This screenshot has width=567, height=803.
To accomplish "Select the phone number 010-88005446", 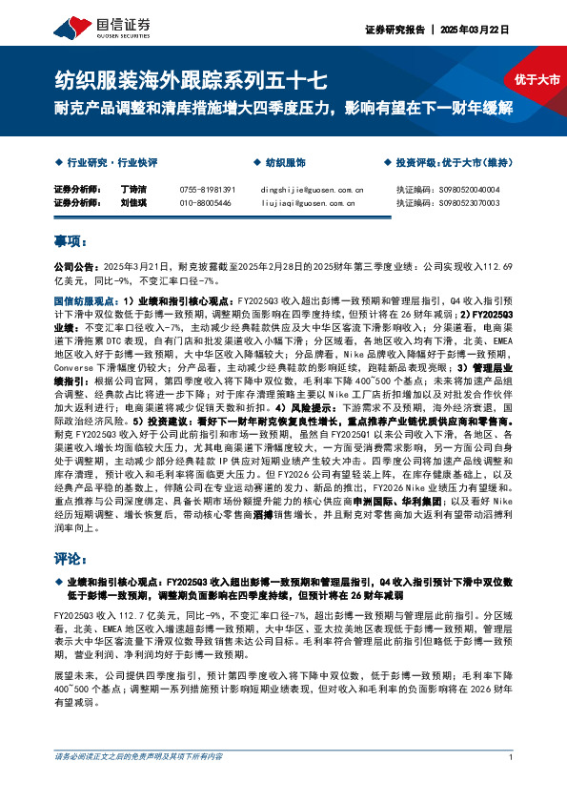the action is [205, 203].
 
